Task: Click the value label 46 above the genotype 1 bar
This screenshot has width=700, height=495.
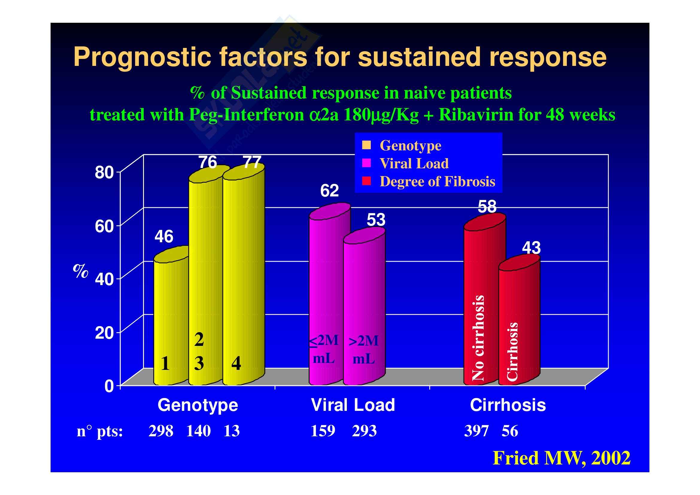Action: (x=164, y=237)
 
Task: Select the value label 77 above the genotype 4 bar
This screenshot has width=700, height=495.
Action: (x=252, y=162)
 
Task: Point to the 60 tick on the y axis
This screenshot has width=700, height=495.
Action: (x=104, y=226)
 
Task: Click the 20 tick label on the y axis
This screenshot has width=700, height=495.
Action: (x=104, y=333)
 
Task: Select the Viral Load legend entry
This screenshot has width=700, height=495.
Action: (x=414, y=164)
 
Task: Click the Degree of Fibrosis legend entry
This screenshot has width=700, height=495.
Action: (x=437, y=181)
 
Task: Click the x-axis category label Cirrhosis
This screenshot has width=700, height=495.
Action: (x=508, y=405)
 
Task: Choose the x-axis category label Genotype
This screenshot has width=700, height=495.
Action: (x=198, y=405)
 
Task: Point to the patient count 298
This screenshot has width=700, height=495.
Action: (x=161, y=431)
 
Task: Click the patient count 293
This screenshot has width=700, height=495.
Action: (x=364, y=431)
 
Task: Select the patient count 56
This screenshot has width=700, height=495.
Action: (x=510, y=431)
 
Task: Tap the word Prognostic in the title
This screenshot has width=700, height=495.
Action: (x=142, y=57)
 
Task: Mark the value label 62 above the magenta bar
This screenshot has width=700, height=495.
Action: (x=329, y=191)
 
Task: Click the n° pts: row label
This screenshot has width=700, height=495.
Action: (x=100, y=431)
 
